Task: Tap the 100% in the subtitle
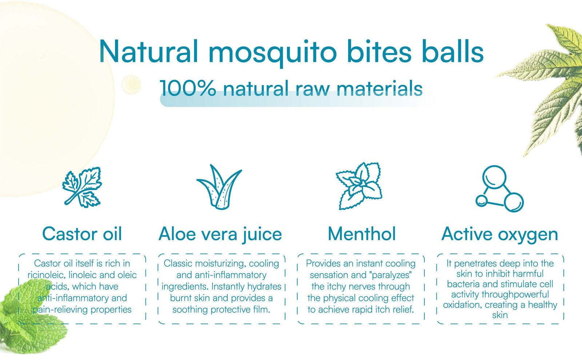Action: click(x=187, y=88)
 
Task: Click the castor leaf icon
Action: click(x=82, y=187)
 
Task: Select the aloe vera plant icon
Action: click(x=219, y=187)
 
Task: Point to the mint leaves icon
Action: click(x=359, y=186)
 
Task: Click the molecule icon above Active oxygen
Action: click(x=499, y=189)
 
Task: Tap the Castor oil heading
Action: click(x=82, y=234)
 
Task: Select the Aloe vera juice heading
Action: click(x=220, y=234)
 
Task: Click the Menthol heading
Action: click(x=362, y=234)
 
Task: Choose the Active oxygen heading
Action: click(x=499, y=235)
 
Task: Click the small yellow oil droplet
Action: click(x=131, y=84)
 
